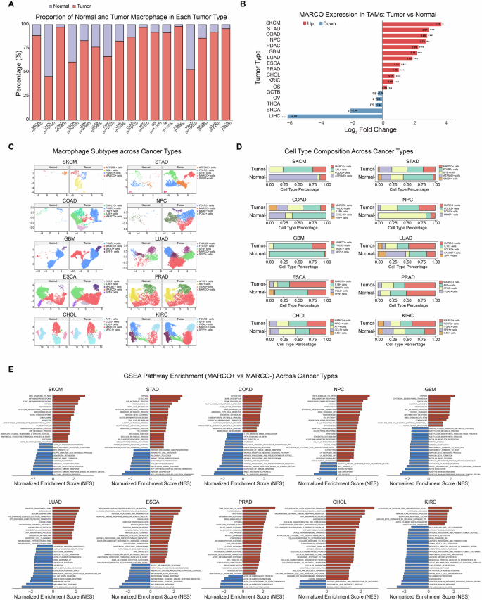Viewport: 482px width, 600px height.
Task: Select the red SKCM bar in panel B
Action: tap(405, 23)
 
